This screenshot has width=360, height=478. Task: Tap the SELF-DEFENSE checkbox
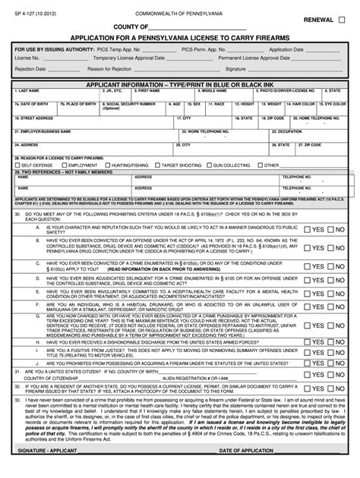18,164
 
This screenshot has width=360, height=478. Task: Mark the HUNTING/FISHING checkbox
108,164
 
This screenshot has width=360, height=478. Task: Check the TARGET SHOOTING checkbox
156,164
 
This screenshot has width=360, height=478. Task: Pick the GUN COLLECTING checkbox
209,164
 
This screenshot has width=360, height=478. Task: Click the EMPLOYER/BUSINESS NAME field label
39,131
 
